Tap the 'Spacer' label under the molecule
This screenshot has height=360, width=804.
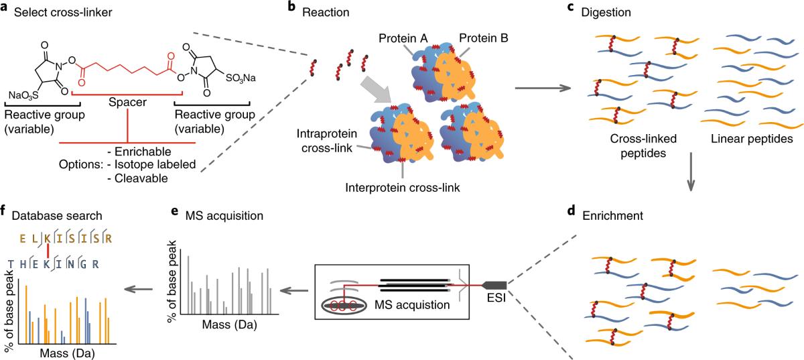tap(127, 107)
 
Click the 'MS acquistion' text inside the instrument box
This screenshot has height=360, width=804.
tap(413, 304)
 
